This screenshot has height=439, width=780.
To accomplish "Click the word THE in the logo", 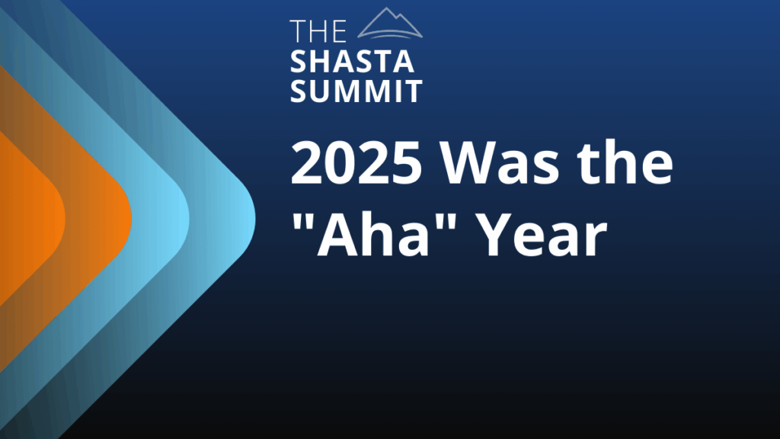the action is [x=318, y=31].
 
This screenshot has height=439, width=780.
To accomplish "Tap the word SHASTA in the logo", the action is [x=352, y=62].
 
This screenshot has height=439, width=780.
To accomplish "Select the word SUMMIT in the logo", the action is [x=356, y=91].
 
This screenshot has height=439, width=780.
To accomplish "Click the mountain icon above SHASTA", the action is [x=390, y=23].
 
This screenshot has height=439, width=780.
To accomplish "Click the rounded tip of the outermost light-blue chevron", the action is [x=251, y=219].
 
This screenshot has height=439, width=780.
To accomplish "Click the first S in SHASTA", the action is [x=299, y=62].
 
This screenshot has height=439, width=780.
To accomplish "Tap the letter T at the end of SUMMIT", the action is [x=413, y=91].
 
